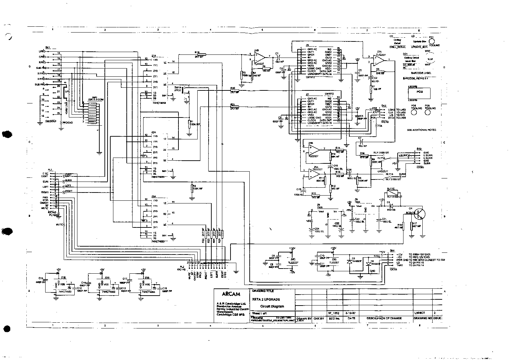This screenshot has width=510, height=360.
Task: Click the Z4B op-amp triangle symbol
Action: pyautogui.click(x=260, y=57)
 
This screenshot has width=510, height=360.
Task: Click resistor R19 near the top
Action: pyautogui.click(x=201, y=54)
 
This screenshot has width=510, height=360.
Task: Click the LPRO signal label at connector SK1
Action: pyautogui.click(x=42, y=51)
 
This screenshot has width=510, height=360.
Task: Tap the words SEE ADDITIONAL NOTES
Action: pyautogui.click(x=422, y=130)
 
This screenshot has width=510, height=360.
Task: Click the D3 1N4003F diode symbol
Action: pyautogui.click(x=349, y=262)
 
